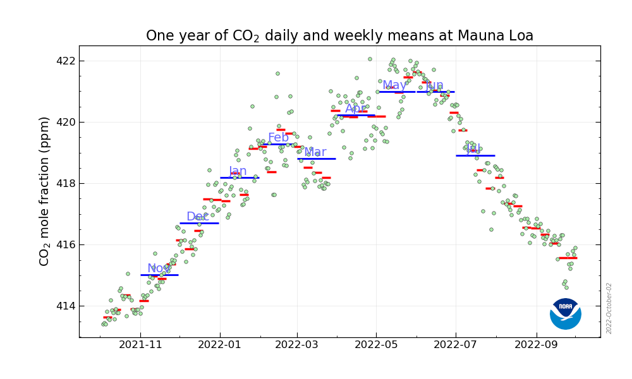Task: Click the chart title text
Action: pyautogui.click(x=339, y=36)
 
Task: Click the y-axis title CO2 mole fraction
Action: pyautogui.click(x=45, y=191)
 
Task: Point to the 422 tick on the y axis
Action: pyautogui.click(x=66, y=61)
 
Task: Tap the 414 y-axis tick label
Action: pyautogui.click(x=66, y=306)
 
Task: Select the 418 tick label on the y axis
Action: pyautogui.click(x=66, y=183)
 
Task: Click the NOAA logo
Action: pyautogui.click(x=566, y=314)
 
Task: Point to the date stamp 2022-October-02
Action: pyautogui.click(x=609, y=308)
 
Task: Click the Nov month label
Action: pyautogui.click(x=159, y=268)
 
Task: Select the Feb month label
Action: pyautogui.click(x=278, y=138)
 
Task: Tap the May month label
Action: pyautogui.click(x=394, y=85)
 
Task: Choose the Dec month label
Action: pyautogui.click(x=197, y=217)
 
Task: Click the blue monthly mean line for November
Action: pyautogui.click(x=159, y=275)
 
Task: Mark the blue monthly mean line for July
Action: pyautogui.click(x=475, y=155)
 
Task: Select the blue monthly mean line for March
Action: pyautogui.click(x=316, y=159)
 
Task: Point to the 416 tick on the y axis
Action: pyautogui.click(x=66, y=244)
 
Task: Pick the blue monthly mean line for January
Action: pyautogui.click(x=240, y=177)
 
